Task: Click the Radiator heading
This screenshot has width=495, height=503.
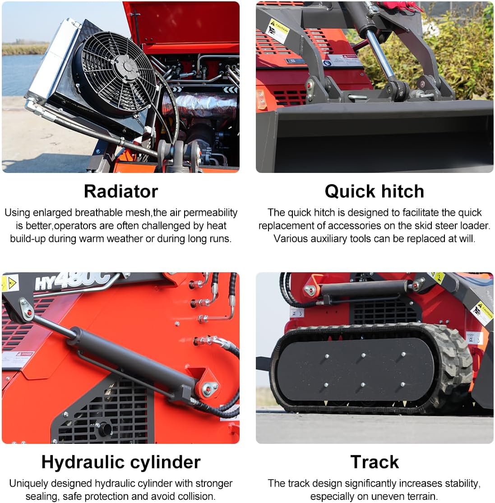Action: pos(120,191)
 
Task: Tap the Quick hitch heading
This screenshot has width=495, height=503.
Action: pos(374,191)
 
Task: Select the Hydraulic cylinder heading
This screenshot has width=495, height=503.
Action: pos(120,462)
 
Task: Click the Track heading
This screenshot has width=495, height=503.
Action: pos(374,462)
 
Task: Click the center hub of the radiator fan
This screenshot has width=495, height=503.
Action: pos(128,66)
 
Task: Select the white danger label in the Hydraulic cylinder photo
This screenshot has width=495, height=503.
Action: pos(19,359)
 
